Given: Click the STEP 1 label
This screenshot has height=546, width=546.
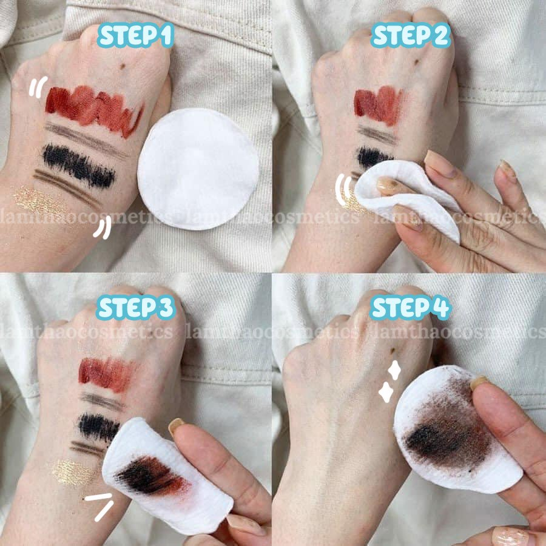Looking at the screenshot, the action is (135, 35).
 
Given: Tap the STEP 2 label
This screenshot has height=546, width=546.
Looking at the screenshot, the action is (411, 35).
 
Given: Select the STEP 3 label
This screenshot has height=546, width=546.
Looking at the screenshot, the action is (135, 308).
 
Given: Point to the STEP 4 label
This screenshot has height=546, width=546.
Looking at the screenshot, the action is (411, 308).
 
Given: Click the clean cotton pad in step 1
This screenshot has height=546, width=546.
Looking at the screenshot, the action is (198, 169).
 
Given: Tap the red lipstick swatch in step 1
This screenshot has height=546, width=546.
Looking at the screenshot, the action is (94, 110).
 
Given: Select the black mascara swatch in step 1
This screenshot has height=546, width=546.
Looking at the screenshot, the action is (79, 166).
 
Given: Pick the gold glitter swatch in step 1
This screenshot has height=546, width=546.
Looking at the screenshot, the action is (38, 201).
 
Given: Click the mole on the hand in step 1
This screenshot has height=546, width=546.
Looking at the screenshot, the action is (123, 66).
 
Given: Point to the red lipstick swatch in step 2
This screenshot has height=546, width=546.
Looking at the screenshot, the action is (378, 104).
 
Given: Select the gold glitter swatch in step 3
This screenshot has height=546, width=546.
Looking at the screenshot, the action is (74, 472).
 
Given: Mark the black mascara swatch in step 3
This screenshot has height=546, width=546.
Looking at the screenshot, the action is (99, 426).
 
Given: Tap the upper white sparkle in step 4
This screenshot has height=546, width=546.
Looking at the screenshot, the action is (394, 370).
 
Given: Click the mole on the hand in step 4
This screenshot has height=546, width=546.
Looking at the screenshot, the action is (393, 350).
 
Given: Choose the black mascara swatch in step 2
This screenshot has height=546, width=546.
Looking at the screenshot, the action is (374, 157).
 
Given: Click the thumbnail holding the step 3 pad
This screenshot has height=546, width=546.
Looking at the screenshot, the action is (177, 425).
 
